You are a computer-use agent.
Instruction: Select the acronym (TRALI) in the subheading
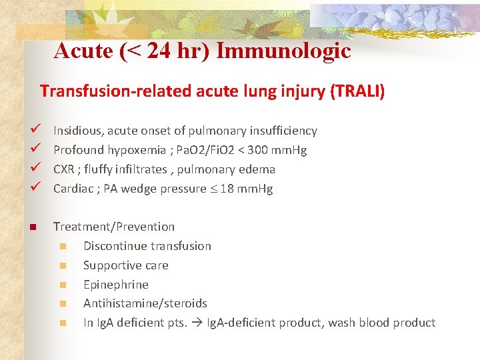click(x=357, y=91)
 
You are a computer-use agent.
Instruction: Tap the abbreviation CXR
click(x=65, y=169)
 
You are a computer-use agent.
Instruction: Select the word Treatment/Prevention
click(x=114, y=227)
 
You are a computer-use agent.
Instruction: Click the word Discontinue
click(x=114, y=246)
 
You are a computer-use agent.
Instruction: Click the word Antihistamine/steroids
click(x=145, y=304)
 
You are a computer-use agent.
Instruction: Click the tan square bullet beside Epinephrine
click(x=63, y=285)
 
